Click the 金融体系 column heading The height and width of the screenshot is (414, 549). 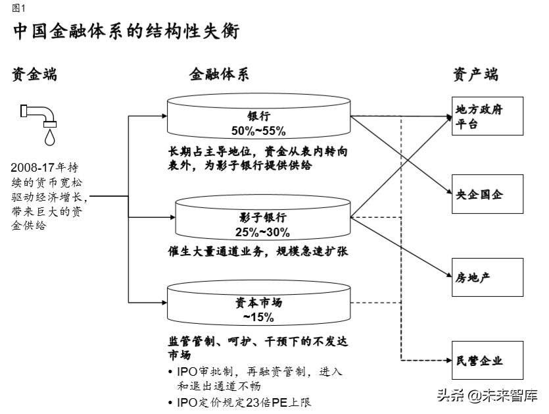pos(220,74)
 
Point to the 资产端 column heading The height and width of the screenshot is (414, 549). pos(476,74)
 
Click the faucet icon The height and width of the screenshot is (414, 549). pos(39,113)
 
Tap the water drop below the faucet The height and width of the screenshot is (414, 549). pos(50,136)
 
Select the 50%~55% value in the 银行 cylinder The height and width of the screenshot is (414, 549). pos(258,130)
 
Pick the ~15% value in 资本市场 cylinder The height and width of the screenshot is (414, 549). pos(258,317)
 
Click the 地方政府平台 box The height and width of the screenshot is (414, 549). pos(487,116)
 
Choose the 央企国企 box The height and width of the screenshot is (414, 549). pos(487,195)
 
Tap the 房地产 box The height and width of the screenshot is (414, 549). pos(487,277)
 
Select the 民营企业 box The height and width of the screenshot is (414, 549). pos(487,360)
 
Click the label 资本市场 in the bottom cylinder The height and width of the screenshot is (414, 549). pos(258,303)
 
